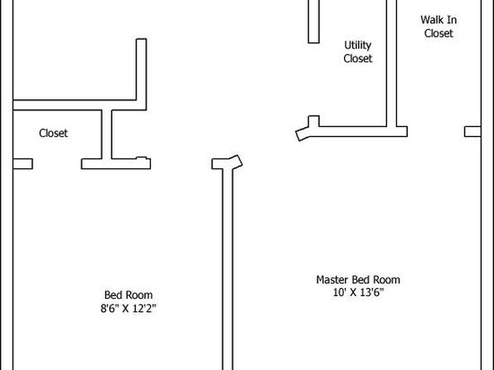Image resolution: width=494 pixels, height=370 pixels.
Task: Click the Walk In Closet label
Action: (x=438, y=27)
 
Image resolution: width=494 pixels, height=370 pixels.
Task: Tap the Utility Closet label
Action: (x=358, y=51)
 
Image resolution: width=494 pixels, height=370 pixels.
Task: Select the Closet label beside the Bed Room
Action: (x=53, y=133)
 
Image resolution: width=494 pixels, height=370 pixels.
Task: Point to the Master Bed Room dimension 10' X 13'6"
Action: (x=358, y=292)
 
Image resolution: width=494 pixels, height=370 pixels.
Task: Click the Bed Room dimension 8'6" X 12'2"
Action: (x=128, y=308)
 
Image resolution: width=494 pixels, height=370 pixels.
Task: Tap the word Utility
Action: (x=357, y=46)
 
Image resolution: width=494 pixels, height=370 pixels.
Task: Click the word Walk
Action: (x=430, y=20)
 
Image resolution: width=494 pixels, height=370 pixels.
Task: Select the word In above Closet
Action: (x=451, y=20)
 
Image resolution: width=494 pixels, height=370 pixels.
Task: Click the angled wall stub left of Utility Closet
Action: (x=303, y=134)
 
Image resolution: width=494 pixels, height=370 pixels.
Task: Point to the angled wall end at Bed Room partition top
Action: (x=236, y=162)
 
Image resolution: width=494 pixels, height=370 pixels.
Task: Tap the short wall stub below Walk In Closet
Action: (x=472, y=132)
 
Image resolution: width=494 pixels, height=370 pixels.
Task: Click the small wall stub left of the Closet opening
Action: (x=22, y=164)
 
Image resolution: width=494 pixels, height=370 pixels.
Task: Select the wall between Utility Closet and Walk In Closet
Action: (x=391, y=63)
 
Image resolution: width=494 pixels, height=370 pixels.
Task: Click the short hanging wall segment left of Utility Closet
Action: (x=314, y=22)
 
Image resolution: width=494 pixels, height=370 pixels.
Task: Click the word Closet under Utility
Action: (x=358, y=58)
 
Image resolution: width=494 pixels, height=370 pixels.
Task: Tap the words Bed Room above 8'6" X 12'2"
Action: (x=128, y=295)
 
